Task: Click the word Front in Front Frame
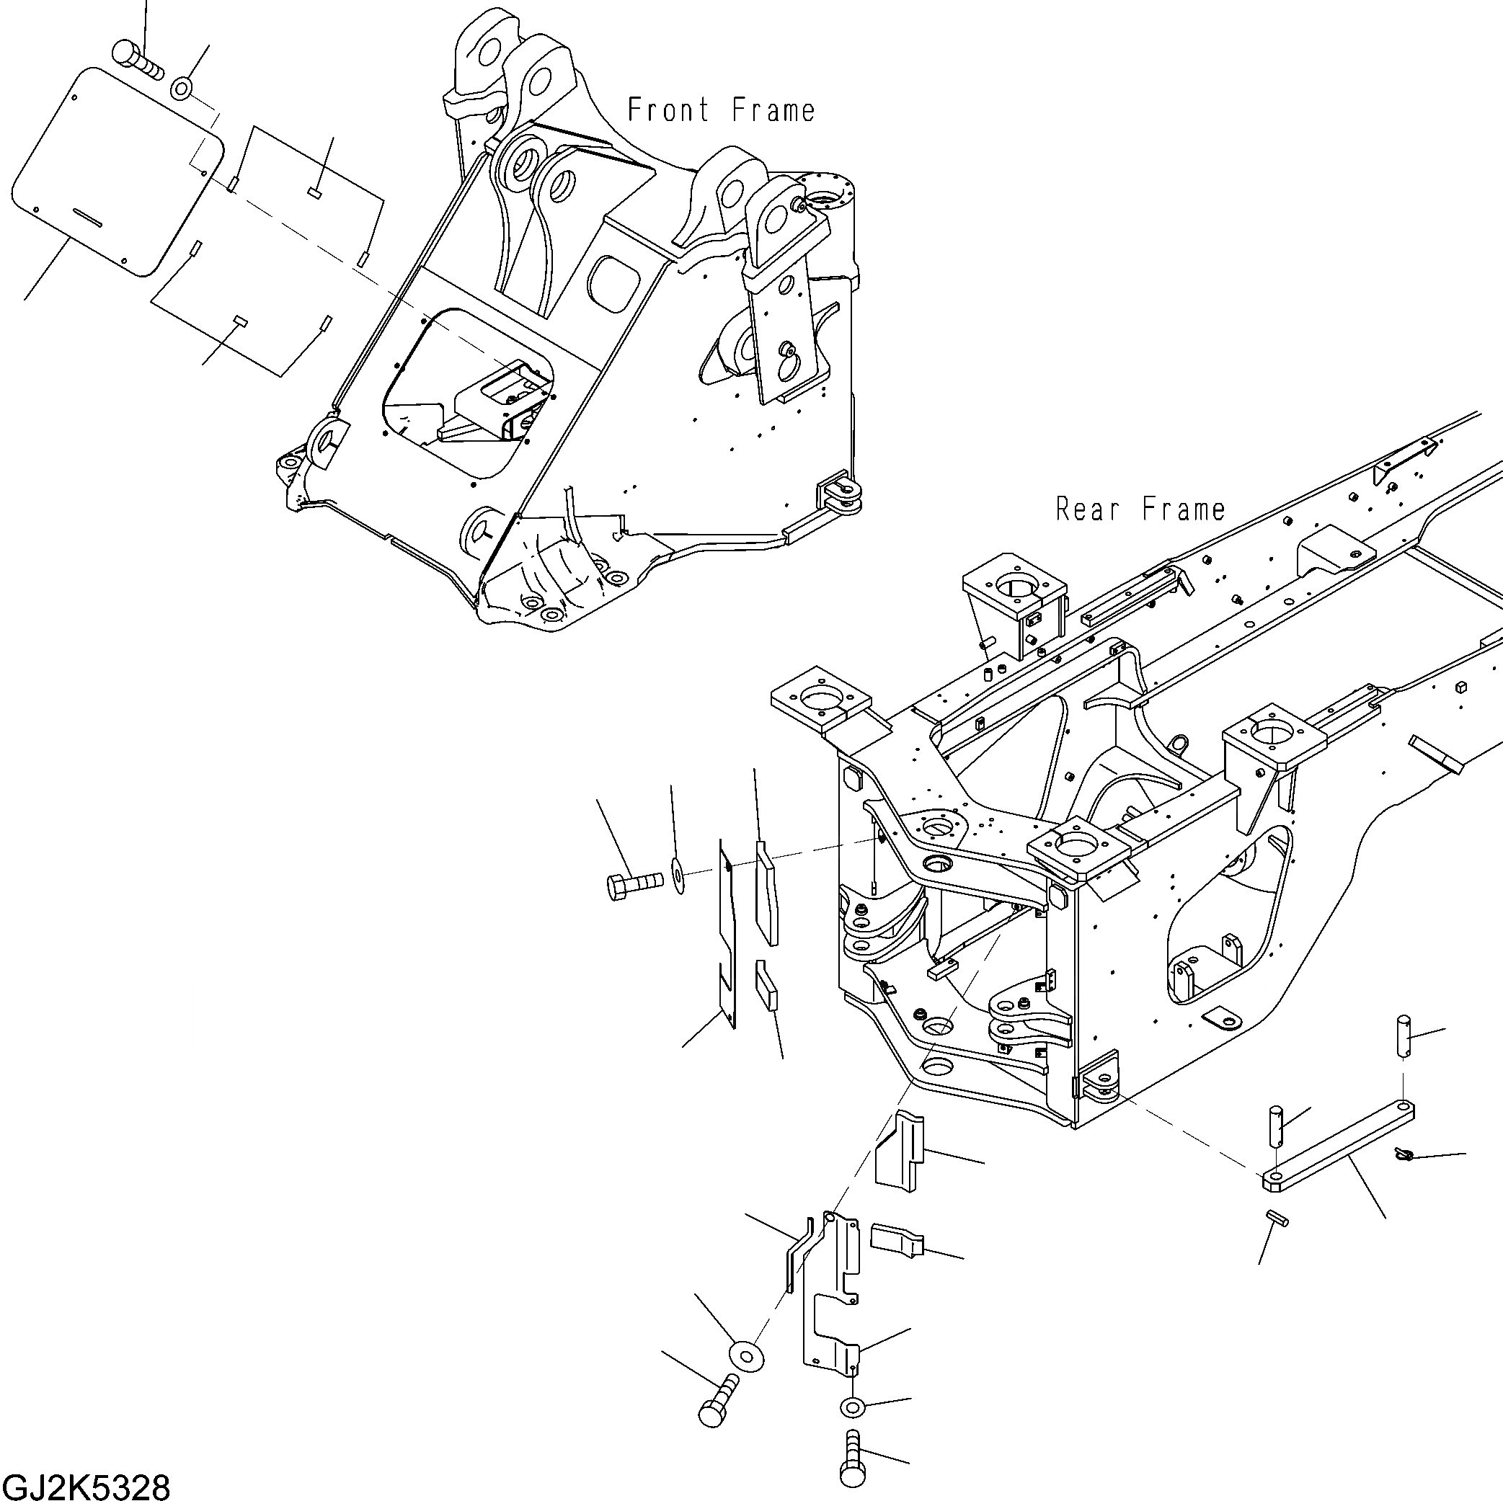[668, 110]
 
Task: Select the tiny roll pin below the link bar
[1277, 1218]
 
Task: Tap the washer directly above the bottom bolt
[852, 1406]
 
